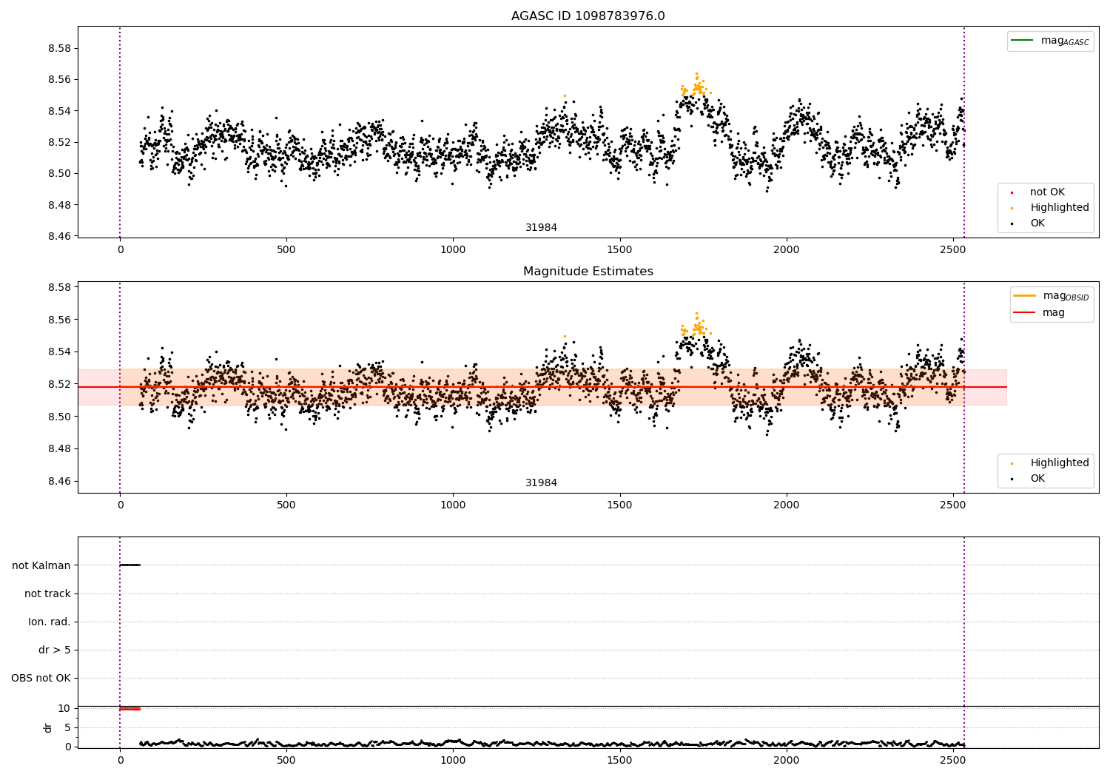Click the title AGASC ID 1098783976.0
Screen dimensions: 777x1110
pos(588,16)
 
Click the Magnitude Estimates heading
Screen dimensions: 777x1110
pos(588,272)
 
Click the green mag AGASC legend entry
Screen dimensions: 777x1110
pos(1050,41)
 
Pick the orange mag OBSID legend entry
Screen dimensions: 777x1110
pos(1051,296)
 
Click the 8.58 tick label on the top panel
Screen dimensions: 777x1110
pos(58,48)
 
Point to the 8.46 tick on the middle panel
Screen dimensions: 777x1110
pos(58,481)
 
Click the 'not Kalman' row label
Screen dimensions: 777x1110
pos(41,565)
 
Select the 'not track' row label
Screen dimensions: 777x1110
pos(47,593)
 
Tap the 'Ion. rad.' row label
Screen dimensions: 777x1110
pos(50,622)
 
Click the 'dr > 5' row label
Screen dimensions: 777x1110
pos(55,650)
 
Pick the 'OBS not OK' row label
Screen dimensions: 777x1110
pos(41,678)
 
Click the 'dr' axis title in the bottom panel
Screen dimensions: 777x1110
pos(48,727)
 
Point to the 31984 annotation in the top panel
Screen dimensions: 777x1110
pos(541,228)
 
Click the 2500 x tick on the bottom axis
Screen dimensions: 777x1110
pos(952,761)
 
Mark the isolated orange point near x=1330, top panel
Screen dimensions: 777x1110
pos(565,95)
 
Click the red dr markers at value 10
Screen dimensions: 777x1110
pos(129,709)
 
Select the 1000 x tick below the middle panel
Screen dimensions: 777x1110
pos(453,505)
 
